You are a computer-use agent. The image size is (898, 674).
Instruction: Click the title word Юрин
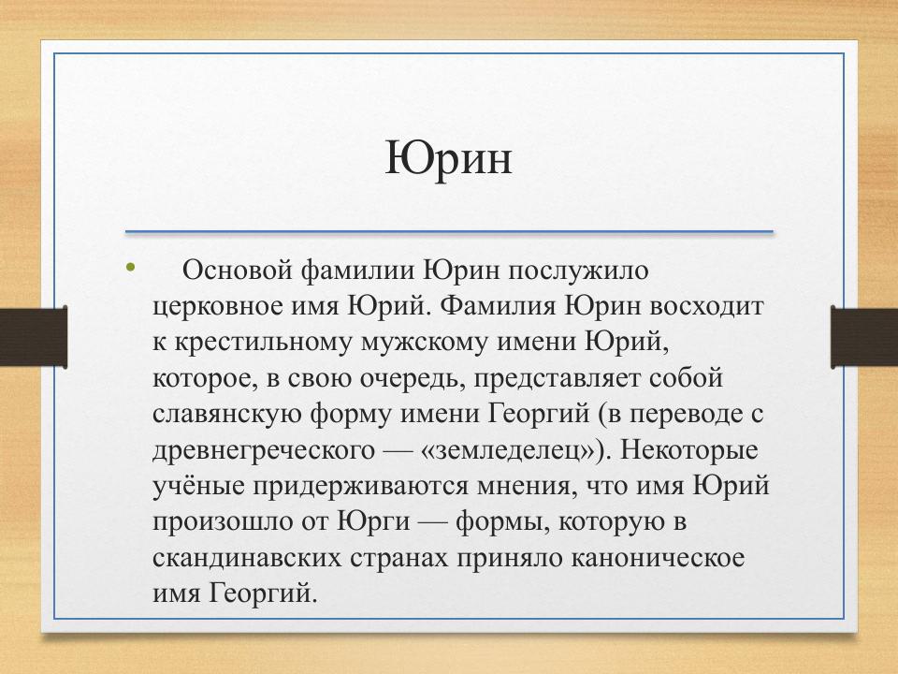click(x=449, y=158)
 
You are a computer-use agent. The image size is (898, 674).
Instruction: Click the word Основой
click(x=237, y=271)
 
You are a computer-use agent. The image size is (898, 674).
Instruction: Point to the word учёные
click(x=196, y=486)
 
